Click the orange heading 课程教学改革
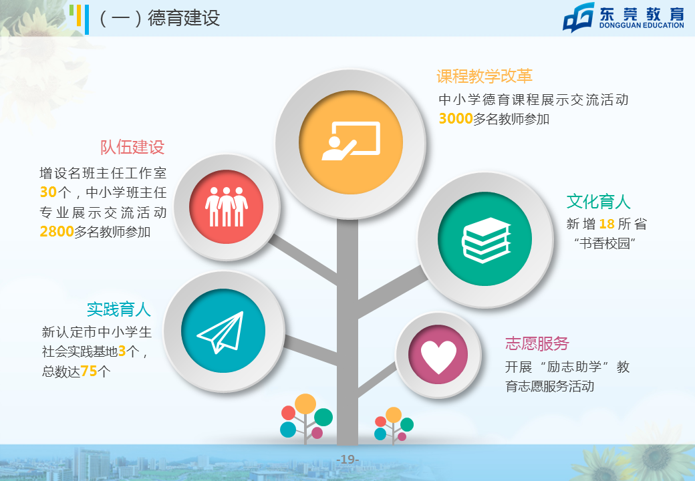click(484, 76)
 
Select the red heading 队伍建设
click(132, 147)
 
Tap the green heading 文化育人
click(598, 202)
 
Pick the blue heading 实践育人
click(119, 309)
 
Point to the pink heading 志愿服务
click(537, 343)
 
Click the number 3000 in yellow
click(456, 119)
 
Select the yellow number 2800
click(57, 231)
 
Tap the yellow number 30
click(48, 192)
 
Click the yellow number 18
click(607, 224)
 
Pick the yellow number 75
click(89, 371)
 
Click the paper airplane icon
click(221, 332)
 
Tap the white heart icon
click(438, 357)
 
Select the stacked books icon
click(486, 240)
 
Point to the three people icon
click(226, 206)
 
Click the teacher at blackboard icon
click(351, 140)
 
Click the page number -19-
click(347, 460)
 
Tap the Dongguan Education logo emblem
click(579, 18)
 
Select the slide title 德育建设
click(184, 18)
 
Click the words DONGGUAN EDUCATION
click(642, 25)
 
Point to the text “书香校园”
click(605, 243)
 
